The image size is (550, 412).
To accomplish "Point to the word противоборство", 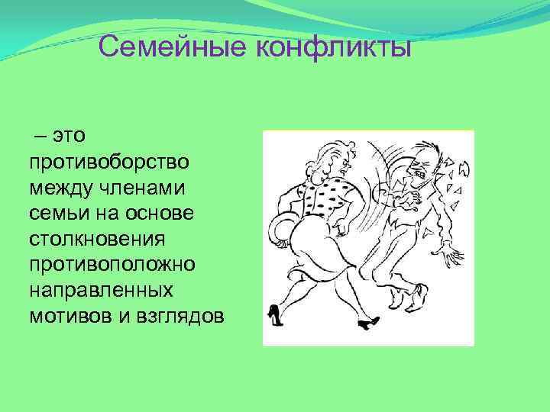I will [x=110, y=162].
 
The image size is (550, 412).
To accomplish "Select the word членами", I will [x=152, y=187].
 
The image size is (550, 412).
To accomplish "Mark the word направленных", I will [x=100, y=291].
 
